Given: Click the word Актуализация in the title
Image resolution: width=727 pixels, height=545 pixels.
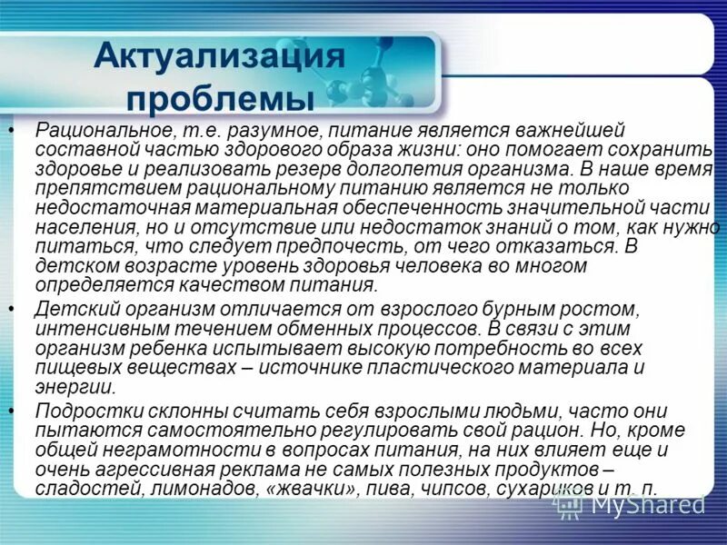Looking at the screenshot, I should [220, 56].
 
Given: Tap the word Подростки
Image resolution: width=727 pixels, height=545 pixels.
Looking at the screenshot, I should [87, 411].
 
